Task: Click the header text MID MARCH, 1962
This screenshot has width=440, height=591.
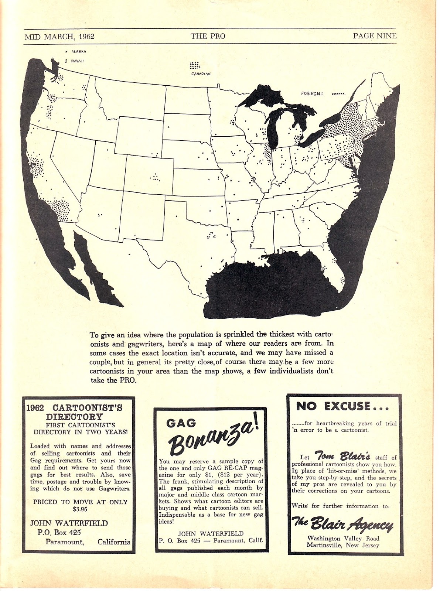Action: tap(59, 36)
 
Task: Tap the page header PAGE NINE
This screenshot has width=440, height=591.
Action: tap(374, 36)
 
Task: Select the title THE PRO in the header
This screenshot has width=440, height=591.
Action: tap(208, 36)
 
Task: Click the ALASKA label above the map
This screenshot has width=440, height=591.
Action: tap(78, 52)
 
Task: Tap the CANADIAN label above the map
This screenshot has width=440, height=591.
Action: tap(201, 74)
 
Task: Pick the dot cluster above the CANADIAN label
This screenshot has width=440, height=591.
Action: tap(195, 66)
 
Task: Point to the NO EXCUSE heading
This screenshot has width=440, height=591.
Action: tap(342, 406)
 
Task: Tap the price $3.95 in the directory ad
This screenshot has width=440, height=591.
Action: tap(80, 509)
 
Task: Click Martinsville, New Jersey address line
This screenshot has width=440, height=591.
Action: tap(342, 545)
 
